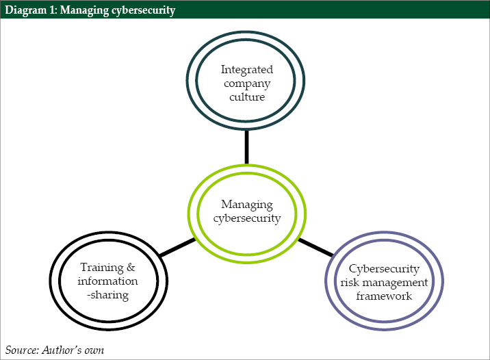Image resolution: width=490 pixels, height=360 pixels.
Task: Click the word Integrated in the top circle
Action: point(246,70)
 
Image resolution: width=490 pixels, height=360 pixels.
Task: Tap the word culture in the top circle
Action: point(246,97)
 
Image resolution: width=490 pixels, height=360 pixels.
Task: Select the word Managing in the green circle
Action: point(246,205)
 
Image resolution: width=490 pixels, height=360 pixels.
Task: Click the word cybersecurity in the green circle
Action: point(246,218)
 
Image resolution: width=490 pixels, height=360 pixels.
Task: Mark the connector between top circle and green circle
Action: point(246,147)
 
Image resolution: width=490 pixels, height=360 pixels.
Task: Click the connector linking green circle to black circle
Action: point(177,248)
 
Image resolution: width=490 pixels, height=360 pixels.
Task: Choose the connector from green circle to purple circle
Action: point(315,247)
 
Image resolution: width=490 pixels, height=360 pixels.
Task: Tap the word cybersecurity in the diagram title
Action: point(142,10)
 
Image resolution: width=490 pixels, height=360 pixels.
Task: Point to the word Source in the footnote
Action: point(22,350)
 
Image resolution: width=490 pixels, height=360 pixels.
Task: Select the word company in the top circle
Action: point(246,83)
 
